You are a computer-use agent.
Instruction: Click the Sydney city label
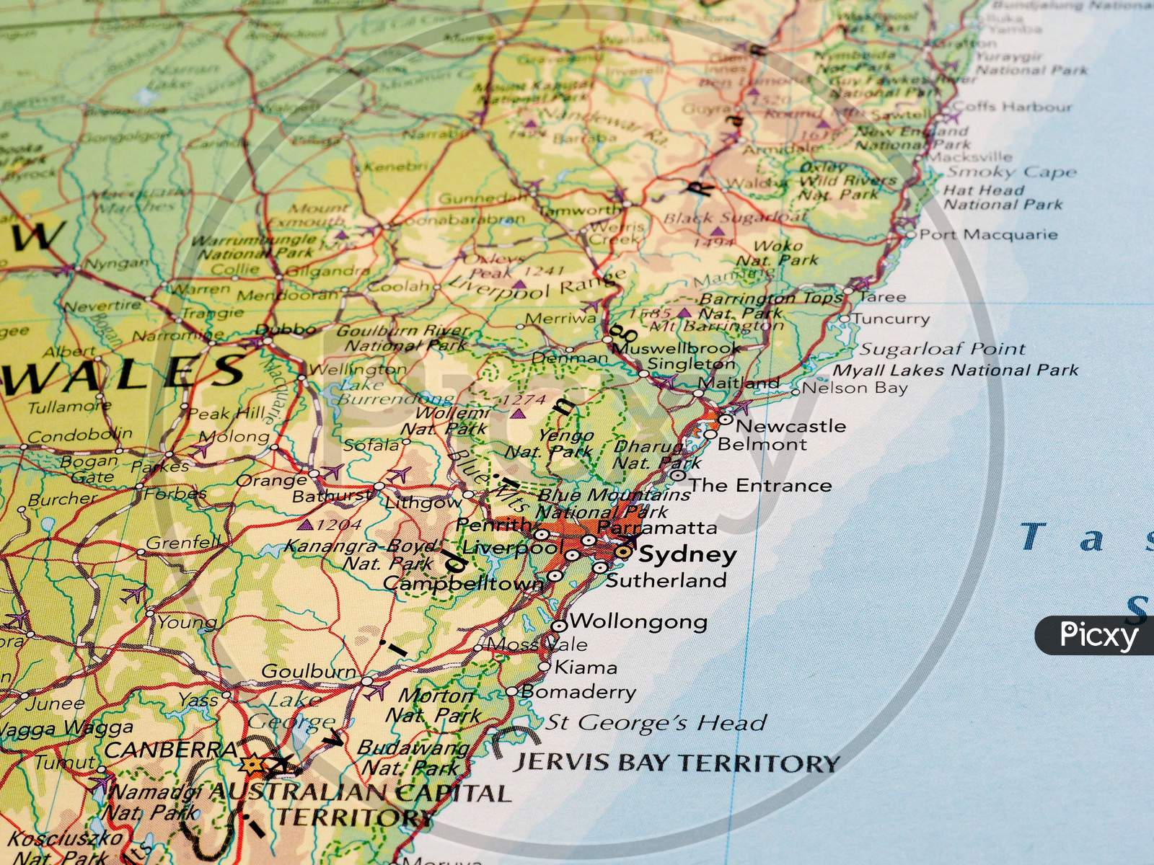pyautogui.click(x=687, y=554)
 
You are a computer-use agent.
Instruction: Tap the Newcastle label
pyautogui.click(x=790, y=425)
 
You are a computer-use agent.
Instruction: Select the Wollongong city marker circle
pyautogui.click(x=560, y=626)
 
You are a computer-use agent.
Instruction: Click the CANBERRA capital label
pyautogui.click(x=171, y=750)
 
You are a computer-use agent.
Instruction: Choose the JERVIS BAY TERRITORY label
pyautogui.click(x=676, y=763)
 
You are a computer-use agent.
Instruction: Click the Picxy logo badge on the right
pyautogui.click(x=1096, y=635)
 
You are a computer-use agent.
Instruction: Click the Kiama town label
pyautogui.click(x=585, y=667)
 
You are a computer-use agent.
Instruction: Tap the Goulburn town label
pyautogui.click(x=308, y=671)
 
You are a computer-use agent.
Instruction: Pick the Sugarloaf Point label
pyautogui.click(x=942, y=350)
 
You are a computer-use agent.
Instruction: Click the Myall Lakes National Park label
pyautogui.click(x=956, y=371)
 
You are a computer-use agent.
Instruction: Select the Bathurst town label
pyautogui.click(x=332, y=496)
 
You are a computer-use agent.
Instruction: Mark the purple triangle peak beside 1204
pyautogui.click(x=306, y=525)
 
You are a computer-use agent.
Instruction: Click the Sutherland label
pyautogui.click(x=666, y=580)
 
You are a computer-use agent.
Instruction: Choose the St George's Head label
pyautogui.click(x=655, y=722)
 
